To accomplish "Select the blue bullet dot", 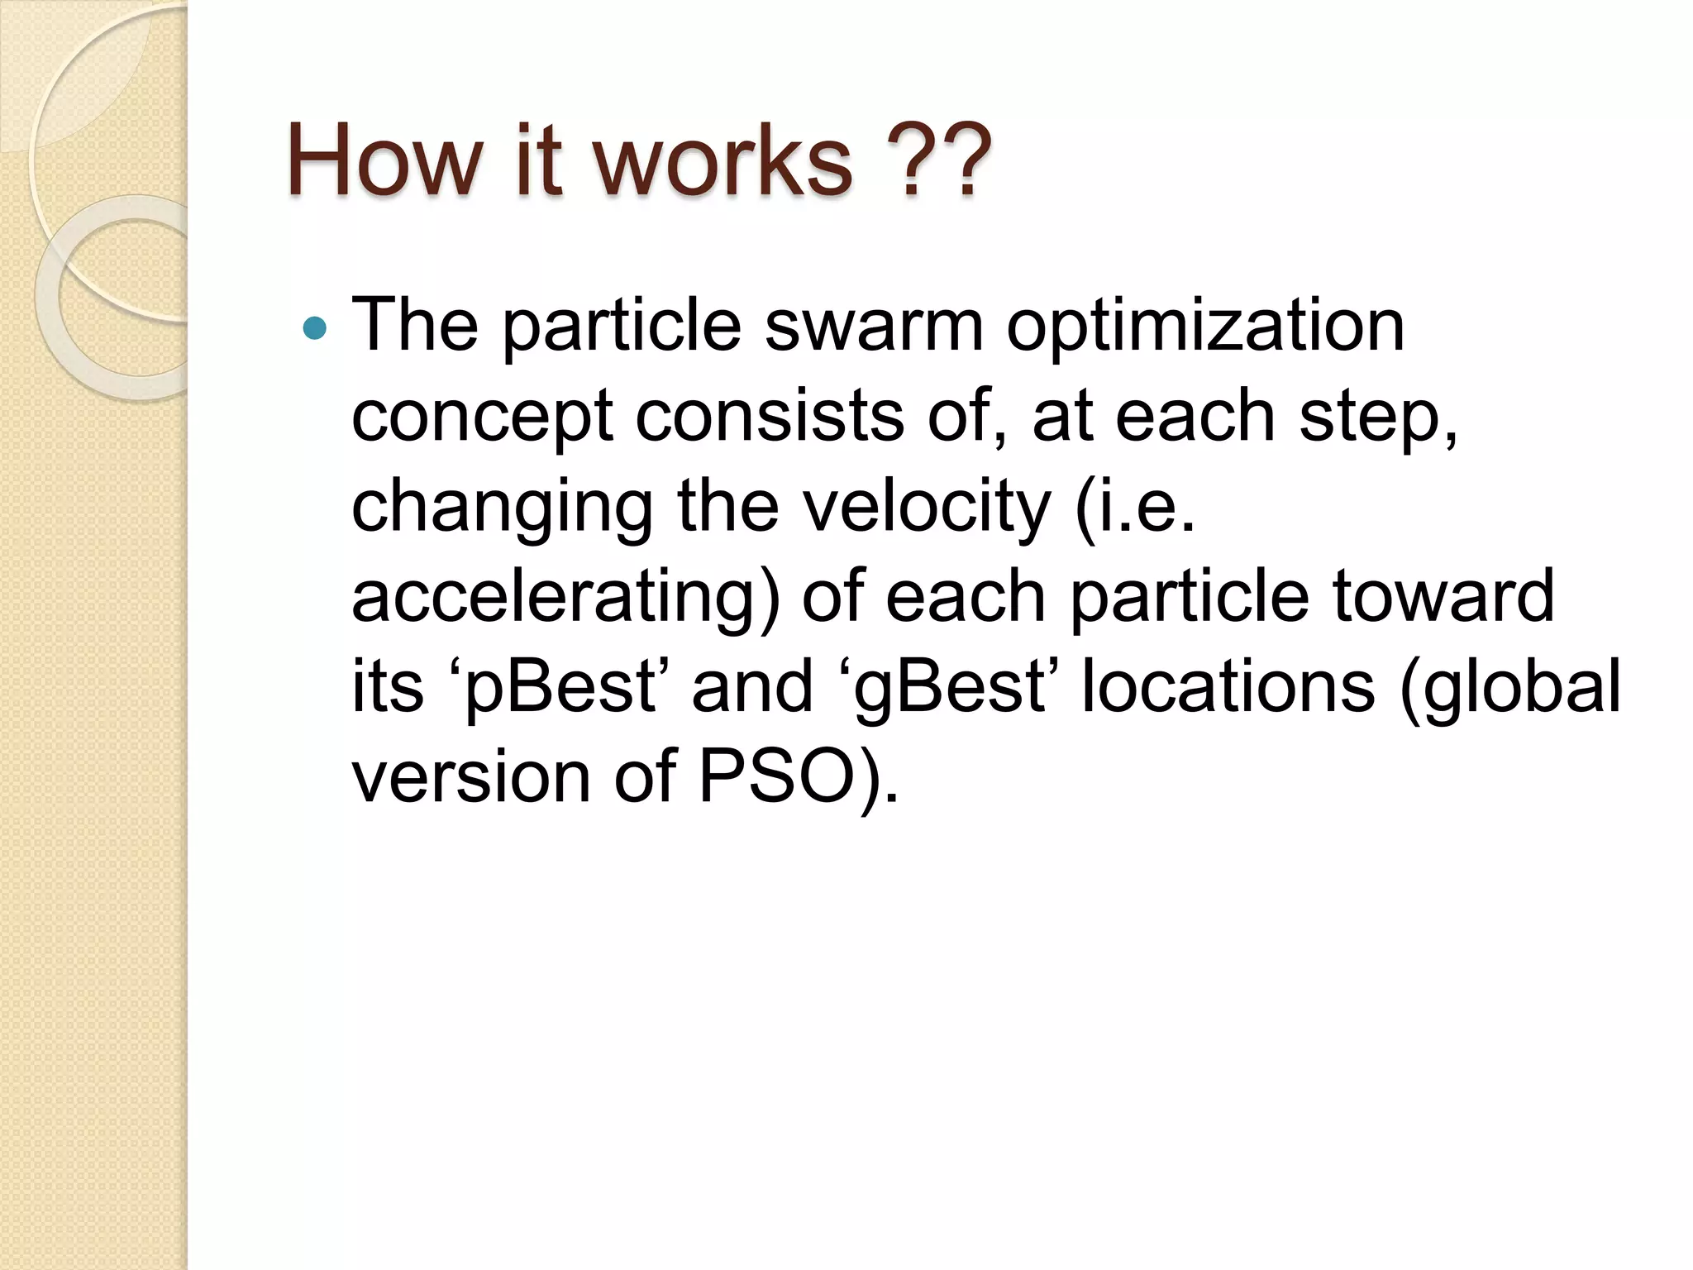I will (x=315, y=329).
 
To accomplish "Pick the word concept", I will (x=481, y=418).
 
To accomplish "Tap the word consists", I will (x=770, y=416).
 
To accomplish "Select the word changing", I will (x=502, y=508).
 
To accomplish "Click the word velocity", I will (x=928, y=508).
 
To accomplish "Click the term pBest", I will (x=560, y=688).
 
